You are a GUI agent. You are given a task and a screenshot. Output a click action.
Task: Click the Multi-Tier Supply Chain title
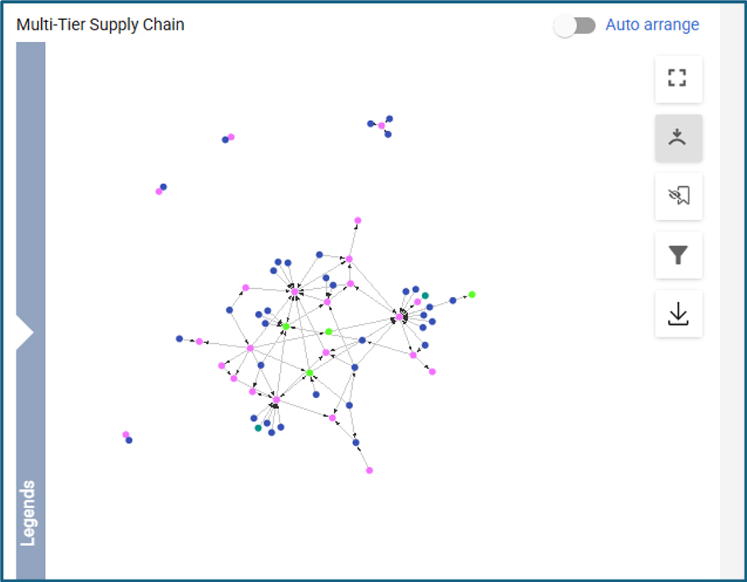[x=100, y=25]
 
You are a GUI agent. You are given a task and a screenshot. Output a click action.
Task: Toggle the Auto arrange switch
[x=575, y=25]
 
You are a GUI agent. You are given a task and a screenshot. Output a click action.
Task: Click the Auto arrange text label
[x=652, y=25]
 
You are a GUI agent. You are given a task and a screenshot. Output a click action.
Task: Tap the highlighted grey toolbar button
[x=678, y=138]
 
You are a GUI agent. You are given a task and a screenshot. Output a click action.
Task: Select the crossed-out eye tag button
[x=678, y=196]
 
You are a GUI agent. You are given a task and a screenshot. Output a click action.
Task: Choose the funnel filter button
[x=678, y=255]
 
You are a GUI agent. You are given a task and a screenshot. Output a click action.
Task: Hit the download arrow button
[x=678, y=314]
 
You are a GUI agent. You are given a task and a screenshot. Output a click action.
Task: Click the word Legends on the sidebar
[x=28, y=513]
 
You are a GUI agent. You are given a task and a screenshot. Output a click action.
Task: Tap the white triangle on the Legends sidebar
[x=25, y=332]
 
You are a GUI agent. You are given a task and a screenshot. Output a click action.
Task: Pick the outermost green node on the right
[x=472, y=294]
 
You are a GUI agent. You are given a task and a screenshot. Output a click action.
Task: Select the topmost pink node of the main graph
[x=358, y=221]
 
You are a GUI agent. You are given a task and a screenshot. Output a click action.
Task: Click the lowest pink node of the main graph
[x=369, y=470]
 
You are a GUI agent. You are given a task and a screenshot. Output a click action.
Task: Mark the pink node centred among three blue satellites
[x=382, y=126]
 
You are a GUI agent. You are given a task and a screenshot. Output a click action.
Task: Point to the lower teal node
[x=259, y=428]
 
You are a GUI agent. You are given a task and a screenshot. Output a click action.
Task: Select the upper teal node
[x=425, y=296]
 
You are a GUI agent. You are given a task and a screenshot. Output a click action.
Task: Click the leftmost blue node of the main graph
[x=180, y=338]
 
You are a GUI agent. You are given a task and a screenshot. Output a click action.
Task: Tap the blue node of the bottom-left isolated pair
[x=129, y=441]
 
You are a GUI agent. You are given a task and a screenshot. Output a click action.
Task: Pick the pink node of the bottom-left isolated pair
[x=126, y=434]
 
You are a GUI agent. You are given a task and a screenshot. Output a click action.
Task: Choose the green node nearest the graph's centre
[x=328, y=332]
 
